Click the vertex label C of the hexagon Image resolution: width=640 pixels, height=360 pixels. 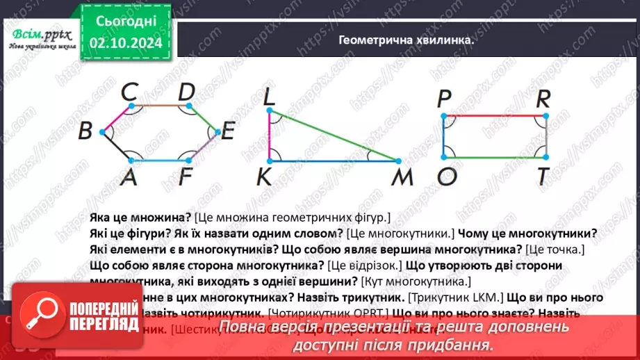pyautogui.click(x=129, y=92)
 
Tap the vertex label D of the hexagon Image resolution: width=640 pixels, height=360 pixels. pyautogui.click(x=186, y=92)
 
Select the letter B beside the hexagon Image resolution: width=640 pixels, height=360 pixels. pyautogui.click(x=86, y=130)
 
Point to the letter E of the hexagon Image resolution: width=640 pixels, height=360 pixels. pyautogui.click(x=227, y=131)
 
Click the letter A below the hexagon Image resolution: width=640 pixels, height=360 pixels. pyautogui.click(x=128, y=178)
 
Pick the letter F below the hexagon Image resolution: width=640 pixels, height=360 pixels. pyautogui.click(x=185, y=178)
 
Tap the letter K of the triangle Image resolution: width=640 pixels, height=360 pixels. pyautogui.click(x=264, y=178)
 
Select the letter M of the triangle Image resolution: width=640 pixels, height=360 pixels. pyautogui.click(x=402, y=178)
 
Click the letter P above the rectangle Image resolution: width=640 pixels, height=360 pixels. pyautogui.click(x=445, y=100)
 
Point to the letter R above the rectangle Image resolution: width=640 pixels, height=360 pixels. pyautogui.click(x=544, y=100)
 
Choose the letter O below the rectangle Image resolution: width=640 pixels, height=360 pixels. pyautogui.click(x=446, y=178)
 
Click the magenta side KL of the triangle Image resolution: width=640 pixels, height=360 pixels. pyautogui.click(x=269, y=136)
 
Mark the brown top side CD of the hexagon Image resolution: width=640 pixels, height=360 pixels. pyautogui.click(x=159, y=106)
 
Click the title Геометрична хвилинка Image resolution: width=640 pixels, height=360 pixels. pyautogui.click(x=406, y=40)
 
